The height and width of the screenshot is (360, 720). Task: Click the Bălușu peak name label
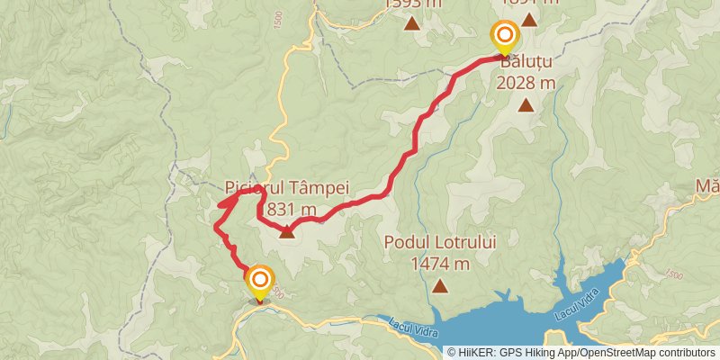pyautogui.click(x=524, y=64)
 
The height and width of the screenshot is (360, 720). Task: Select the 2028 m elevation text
pyautogui.click(x=525, y=84)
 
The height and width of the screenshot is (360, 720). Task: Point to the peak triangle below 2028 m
pyautogui.click(x=525, y=105)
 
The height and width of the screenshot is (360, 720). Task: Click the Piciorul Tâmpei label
pyautogui.click(x=285, y=190)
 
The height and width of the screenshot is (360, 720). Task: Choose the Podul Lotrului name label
pyautogui.click(x=440, y=242)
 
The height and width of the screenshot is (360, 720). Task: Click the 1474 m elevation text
pyautogui.click(x=440, y=264)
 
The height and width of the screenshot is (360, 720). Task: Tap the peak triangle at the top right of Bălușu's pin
pyautogui.click(x=529, y=19)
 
